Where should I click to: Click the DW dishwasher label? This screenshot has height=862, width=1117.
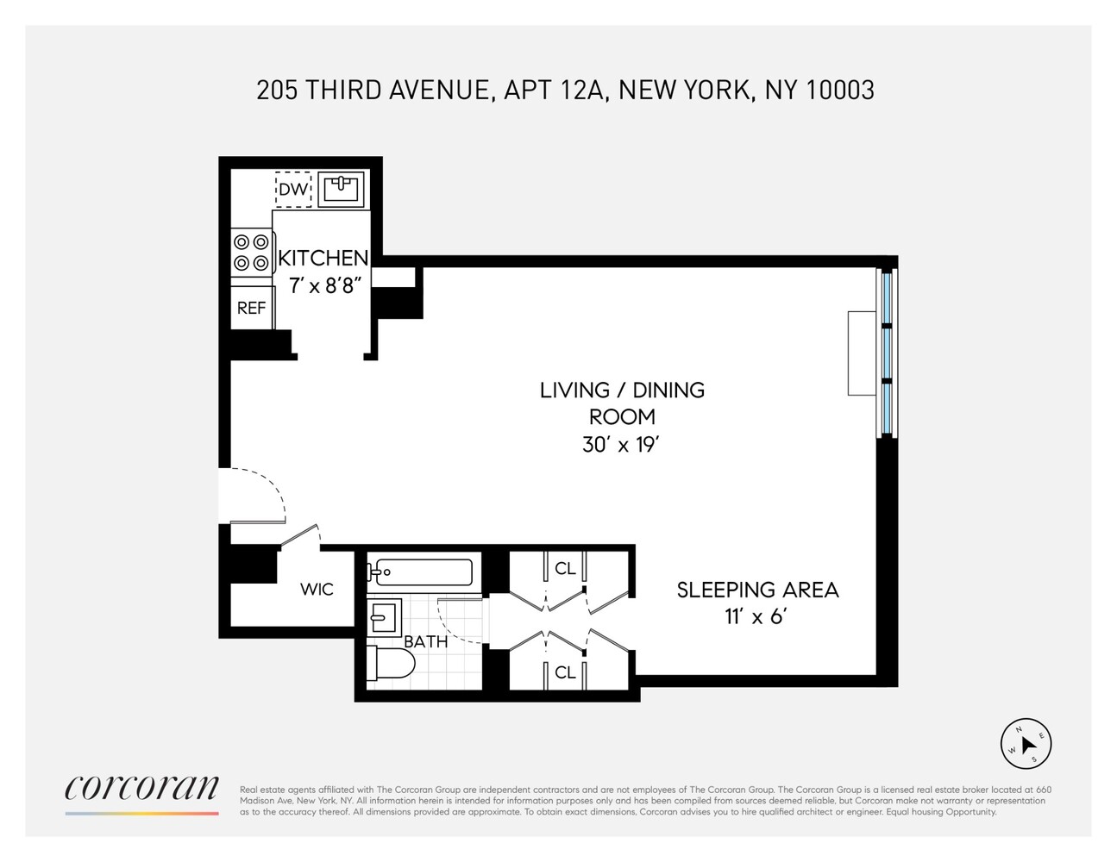293,190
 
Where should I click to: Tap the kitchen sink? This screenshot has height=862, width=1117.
342,190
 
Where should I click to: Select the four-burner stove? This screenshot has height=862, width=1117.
251,253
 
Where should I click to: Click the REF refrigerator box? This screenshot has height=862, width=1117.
251,308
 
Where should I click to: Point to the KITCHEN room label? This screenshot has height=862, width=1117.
323,258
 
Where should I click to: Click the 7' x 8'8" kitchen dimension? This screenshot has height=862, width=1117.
322,285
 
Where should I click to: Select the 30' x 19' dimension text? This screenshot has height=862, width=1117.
621,445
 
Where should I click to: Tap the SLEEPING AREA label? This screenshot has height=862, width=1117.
757,590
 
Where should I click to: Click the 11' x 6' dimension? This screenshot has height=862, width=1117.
757,617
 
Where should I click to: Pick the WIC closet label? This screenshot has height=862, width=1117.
317,590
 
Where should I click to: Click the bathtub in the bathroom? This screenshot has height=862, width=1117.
421,572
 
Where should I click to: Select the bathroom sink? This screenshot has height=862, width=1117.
383,616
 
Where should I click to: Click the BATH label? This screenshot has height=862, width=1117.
426,642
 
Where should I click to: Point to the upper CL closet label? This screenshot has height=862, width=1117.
565,569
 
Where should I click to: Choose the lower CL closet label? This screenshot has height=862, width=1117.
565,672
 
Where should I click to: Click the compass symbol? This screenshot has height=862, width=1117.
1026,743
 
